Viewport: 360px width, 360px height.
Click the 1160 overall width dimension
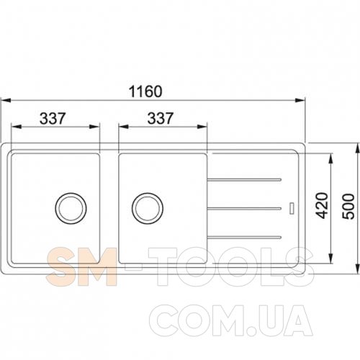[x=145, y=91]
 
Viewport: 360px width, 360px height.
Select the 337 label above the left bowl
[x=53, y=118]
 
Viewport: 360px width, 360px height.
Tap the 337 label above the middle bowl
[x=160, y=118]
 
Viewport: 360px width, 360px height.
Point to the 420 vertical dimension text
[x=322, y=205]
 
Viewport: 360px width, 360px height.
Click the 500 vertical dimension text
[x=348, y=207]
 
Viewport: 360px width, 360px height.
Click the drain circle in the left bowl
[x=71, y=208]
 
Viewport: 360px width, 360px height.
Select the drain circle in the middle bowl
[x=148, y=208]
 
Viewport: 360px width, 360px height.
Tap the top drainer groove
[x=244, y=179]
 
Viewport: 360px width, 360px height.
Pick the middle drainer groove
[x=244, y=208]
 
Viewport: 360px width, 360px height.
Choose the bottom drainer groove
[x=244, y=238]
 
